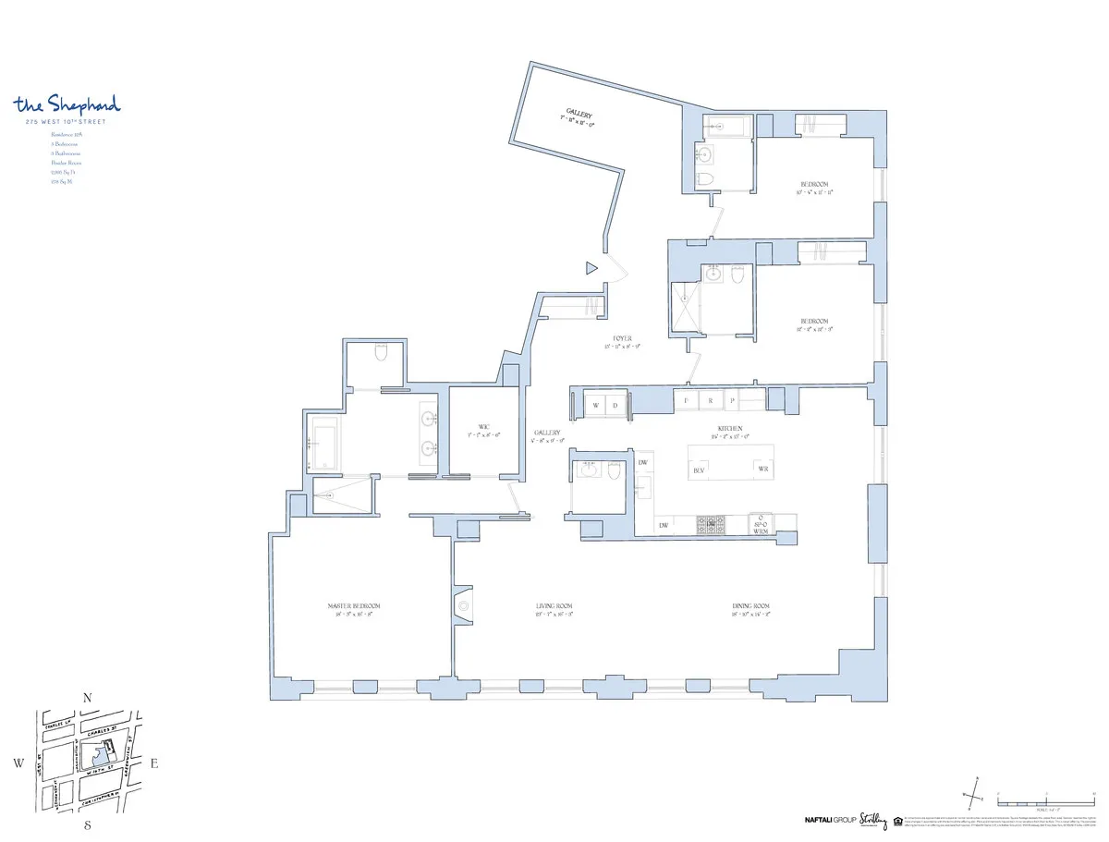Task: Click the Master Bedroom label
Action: point(354,606)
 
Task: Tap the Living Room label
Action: point(554,606)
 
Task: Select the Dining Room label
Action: point(750,606)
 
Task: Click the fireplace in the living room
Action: point(463,606)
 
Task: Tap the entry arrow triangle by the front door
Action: point(591,269)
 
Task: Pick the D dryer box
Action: point(615,405)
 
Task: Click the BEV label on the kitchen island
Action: point(700,470)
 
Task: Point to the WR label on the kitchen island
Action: point(763,470)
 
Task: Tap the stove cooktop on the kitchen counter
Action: point(712,525)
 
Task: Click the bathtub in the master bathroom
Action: point(324,445)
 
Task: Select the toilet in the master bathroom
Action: point(381,353)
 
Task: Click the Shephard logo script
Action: point(67,104)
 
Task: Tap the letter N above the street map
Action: point(87,699)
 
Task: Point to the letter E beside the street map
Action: point(154,763)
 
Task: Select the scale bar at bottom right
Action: point(1044,799)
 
